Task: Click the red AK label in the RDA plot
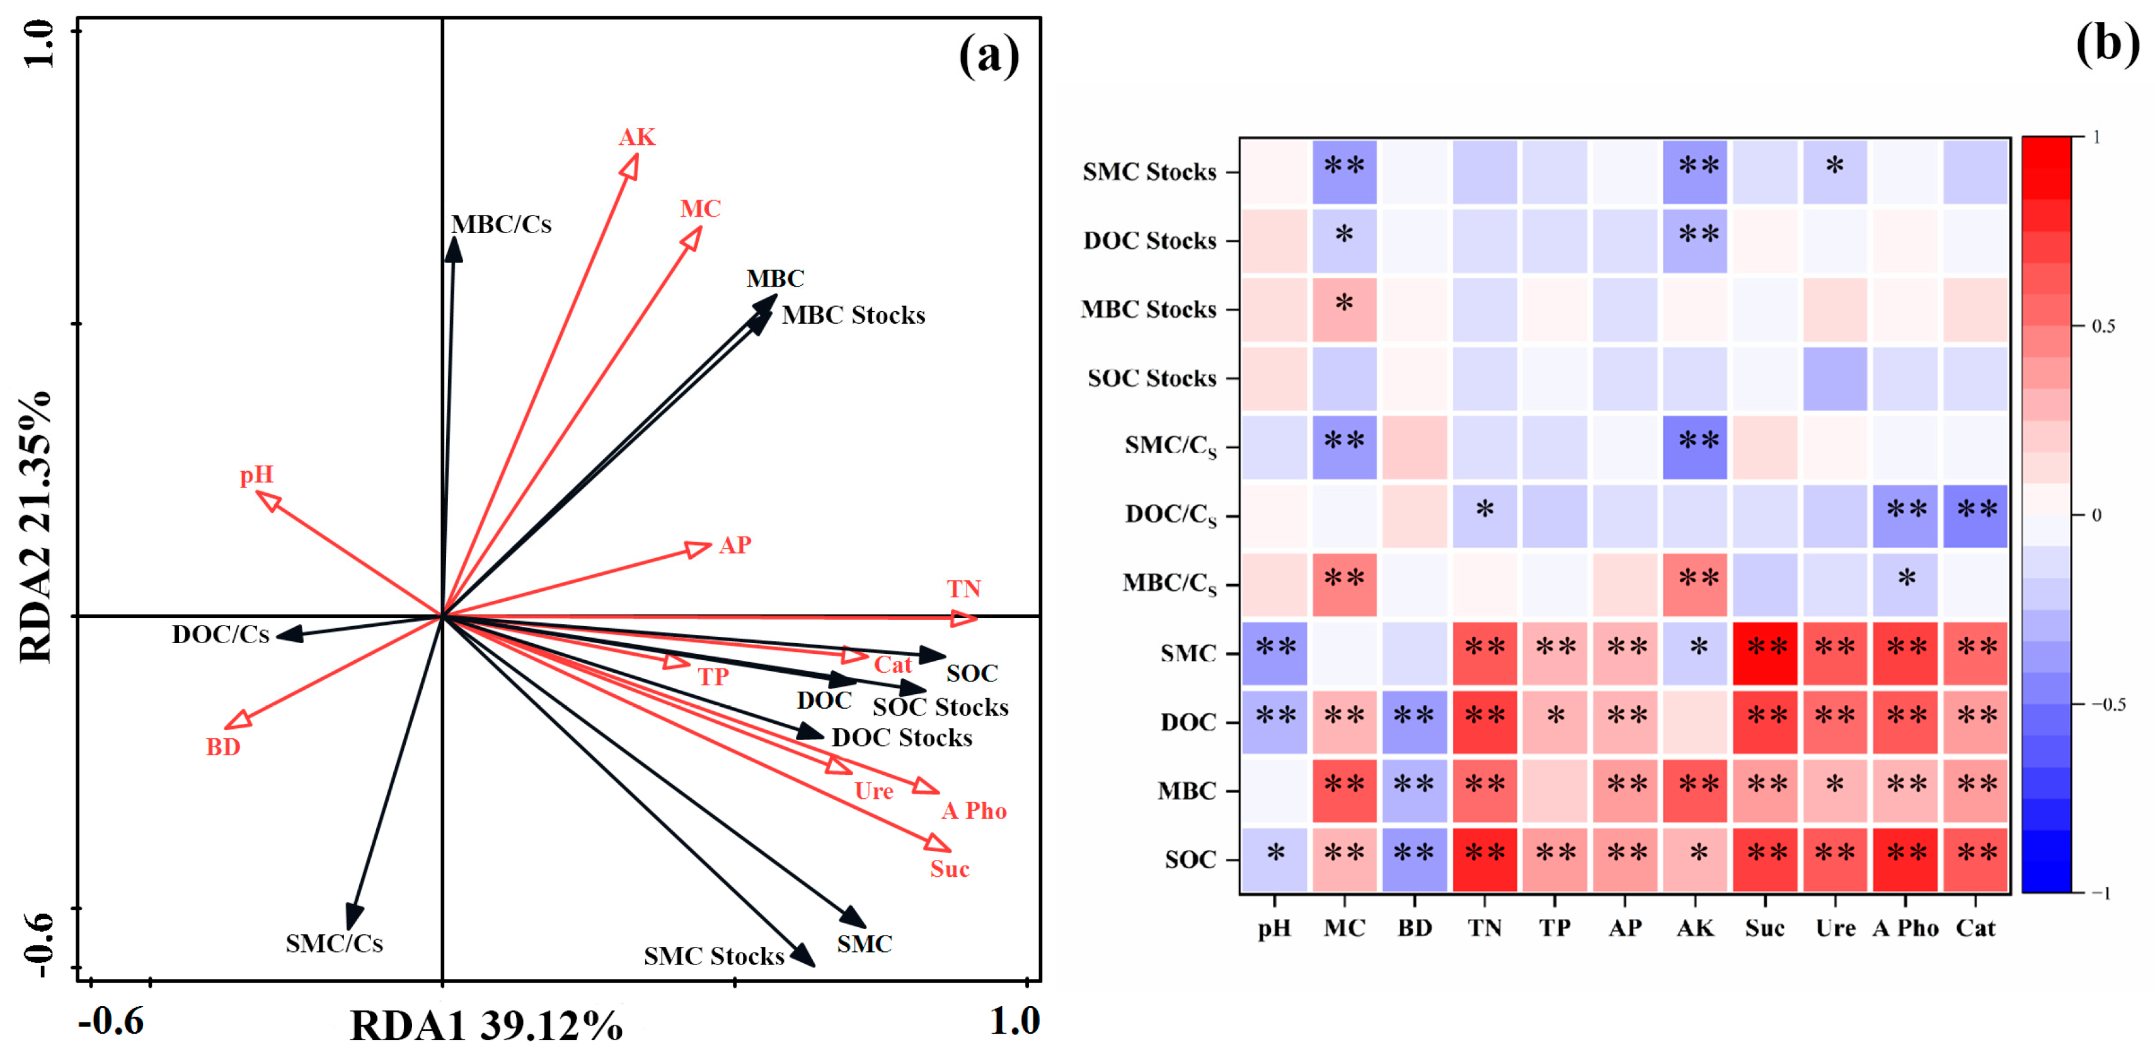coord(636,137)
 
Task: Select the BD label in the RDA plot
coord(223,746)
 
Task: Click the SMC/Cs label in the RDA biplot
coord(334,943)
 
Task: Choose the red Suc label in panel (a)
coord(950,869)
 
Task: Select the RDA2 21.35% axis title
coord(35,527)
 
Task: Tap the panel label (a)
coord(989,56)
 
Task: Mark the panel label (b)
coord(2106,43)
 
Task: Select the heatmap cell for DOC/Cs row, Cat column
coord(1975,516)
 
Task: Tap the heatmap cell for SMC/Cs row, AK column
coord(1696,447)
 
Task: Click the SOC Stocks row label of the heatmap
coord(1151,379)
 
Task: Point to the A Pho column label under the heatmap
coord(1905,929)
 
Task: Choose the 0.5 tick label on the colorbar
coord(2103,326)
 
